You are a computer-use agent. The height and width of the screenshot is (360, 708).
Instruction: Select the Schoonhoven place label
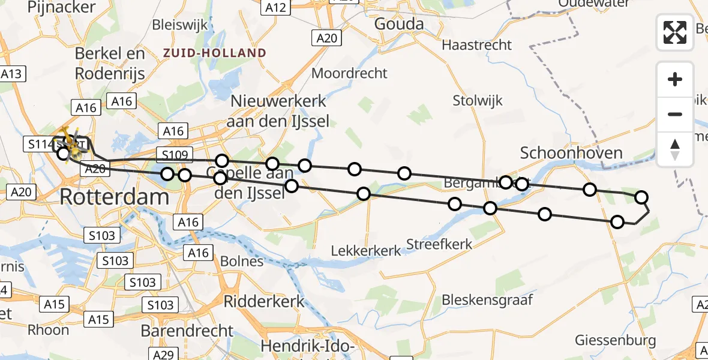571,153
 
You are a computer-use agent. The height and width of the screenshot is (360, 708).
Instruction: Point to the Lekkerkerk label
366,250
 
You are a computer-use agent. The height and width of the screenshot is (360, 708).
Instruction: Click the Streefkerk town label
439,244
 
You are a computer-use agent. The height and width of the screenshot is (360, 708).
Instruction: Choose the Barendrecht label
187,331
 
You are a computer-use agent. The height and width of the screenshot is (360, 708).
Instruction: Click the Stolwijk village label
478,100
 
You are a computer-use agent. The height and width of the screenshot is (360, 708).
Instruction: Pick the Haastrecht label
477,45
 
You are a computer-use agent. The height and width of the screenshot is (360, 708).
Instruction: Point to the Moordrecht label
350,73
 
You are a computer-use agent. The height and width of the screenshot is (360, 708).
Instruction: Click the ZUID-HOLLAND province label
215,53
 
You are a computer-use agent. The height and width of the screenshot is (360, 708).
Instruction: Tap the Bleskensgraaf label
487,299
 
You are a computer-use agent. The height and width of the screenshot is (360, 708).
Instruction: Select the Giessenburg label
616,340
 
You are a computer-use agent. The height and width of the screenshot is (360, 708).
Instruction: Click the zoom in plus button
675,79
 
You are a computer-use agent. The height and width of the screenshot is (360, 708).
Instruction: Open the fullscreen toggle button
675,32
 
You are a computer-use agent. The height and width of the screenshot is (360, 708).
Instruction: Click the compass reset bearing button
675,149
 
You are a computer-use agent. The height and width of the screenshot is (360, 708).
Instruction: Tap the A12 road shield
277,7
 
